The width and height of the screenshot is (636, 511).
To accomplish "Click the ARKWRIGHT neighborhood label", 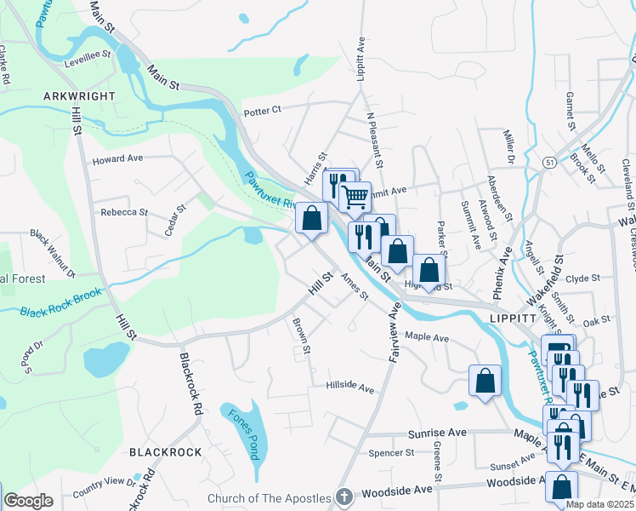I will coord(79,96).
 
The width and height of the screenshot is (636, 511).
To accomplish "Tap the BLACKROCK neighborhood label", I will coord(165,452).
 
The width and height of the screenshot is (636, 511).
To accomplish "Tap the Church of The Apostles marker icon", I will coord(344,496).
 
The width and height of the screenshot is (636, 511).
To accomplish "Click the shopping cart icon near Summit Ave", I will coord(355,197).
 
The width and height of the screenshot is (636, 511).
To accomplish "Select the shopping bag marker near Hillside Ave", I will coord(485,382).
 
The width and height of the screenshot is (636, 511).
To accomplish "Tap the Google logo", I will coord(29,501).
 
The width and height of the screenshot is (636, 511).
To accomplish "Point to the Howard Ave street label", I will coord(117,159).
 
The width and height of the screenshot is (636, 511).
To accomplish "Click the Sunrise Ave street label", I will coord(437,433).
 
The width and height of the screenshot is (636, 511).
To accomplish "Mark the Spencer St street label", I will coord(391,453).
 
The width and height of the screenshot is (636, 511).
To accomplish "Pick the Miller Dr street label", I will coord(508,147).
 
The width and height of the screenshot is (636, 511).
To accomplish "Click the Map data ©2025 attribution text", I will coord(599,504).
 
